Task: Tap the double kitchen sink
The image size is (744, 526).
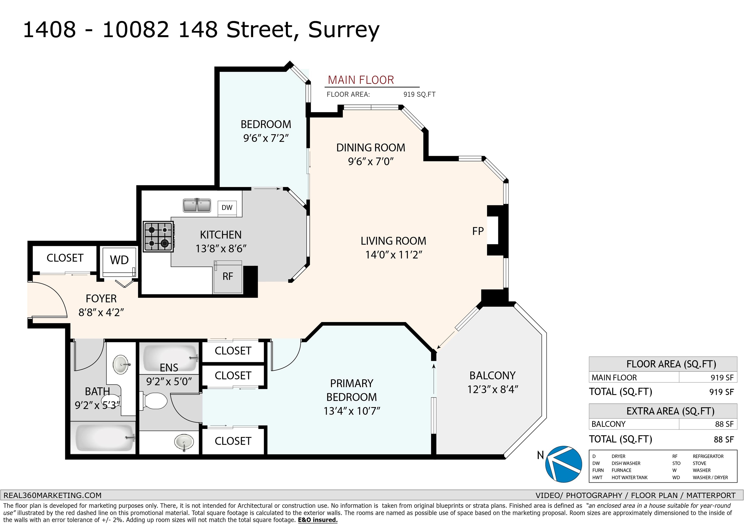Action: tap(197, 205)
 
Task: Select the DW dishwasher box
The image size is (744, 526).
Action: tap(227, 207)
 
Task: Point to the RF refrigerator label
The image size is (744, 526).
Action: tap(228, 277)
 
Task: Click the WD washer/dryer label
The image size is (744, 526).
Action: tap(119, 260)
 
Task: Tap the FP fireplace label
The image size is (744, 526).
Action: tap(478, 231)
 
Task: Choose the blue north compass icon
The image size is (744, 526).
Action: tap(564, 464)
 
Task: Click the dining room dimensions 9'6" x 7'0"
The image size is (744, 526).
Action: tap(371, 161)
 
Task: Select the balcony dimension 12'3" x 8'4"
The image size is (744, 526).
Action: tap(493, 389)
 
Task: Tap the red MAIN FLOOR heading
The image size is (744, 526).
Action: tap(361, 80)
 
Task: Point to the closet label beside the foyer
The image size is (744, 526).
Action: tap(65, 258)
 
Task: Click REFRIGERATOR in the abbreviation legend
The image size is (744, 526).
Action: tap(708, 456)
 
